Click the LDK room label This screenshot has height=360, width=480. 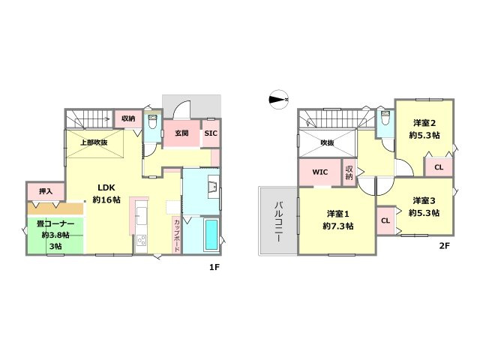pos(106,187)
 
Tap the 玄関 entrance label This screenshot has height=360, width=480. pos(181,133)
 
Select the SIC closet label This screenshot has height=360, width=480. pos(211,133)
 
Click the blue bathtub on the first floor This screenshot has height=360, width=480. pos(211,235)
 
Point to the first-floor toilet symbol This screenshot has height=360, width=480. pos(151,121)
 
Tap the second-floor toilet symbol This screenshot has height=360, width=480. pos(385,118)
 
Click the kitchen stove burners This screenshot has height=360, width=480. pos(141,241)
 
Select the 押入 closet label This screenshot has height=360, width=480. pos(46,191)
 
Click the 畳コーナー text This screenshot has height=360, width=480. pos(55,224)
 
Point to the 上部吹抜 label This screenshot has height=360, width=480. pos(94,142)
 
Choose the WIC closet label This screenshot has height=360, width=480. pos(320,172)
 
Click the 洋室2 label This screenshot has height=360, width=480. pos(424,123)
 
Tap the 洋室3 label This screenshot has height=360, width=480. pos(424,201)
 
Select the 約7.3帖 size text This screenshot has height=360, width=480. pos(337,226)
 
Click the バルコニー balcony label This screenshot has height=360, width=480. pos(278,222)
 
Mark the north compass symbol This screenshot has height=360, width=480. pos(279,100)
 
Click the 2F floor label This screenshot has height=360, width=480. pos(444,245)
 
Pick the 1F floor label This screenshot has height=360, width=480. pos(214,267)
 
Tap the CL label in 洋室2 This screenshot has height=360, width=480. pos(439,167)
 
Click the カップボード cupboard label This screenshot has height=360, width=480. pos(177,235)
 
